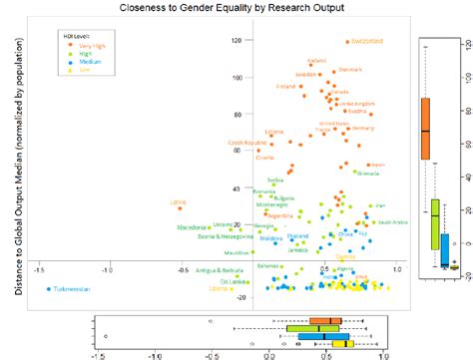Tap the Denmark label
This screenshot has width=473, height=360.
tap(351, 70)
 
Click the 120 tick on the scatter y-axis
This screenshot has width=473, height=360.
tap(236, 41)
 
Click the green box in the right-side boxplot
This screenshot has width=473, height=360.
tap(435, 223)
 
